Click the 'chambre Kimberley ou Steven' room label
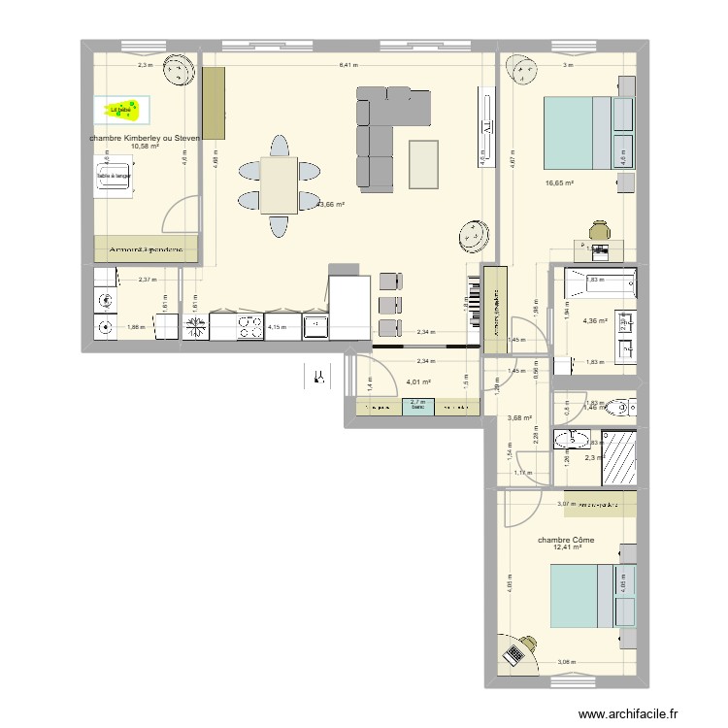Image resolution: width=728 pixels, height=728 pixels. click(144, 138)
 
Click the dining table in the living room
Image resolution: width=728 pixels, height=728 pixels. click(279, 184)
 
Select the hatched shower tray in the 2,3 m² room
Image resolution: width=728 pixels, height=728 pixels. click(616, 455)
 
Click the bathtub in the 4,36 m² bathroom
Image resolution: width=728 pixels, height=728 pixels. click(594, 281)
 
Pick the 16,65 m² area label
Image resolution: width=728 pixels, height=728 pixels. click(559, 182)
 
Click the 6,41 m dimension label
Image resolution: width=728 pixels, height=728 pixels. click(347, 66)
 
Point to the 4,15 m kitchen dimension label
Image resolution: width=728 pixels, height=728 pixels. click(278, 327)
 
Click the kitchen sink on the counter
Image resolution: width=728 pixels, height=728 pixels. click(315, 325)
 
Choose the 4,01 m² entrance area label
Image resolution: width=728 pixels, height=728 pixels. click(418, 382)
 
